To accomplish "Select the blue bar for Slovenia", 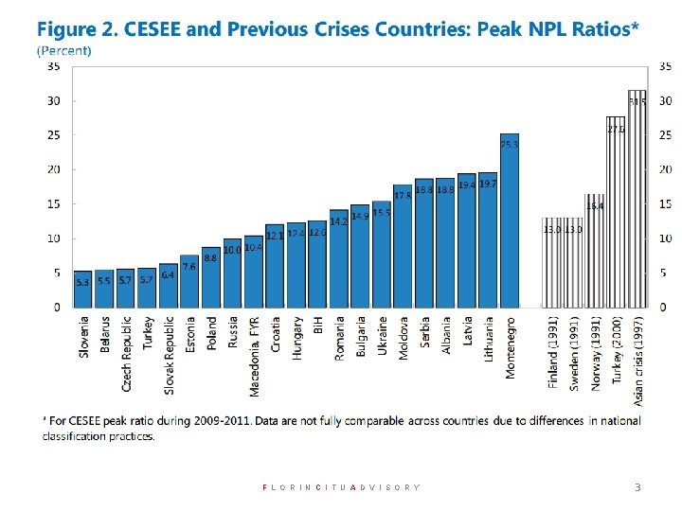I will pyautogui.click(x=83, y=289).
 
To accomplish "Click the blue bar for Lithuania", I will pyautogui.click(x=488, y=241).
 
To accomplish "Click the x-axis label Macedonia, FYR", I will pyautogui.click(x=254, y=355).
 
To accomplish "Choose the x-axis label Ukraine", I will pyautogui.click(x=382, y=336).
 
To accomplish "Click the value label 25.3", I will pyautogui.click(x=510, y=145).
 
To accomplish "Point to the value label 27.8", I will pyautogui.click(x=616, y=129).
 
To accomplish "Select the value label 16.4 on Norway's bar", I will pyautogui.click(x=595, y=205).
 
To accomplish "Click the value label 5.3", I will pyautogui.click(x=82, y=282).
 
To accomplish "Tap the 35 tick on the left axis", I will pyautogui.click(x=53, y=66).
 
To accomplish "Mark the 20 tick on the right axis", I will pyautogui.click(x=665, y=169).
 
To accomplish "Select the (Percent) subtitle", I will pyautogui.click(x=64, y=49).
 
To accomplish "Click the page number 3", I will pyautogui.click(x=637, y=487).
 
